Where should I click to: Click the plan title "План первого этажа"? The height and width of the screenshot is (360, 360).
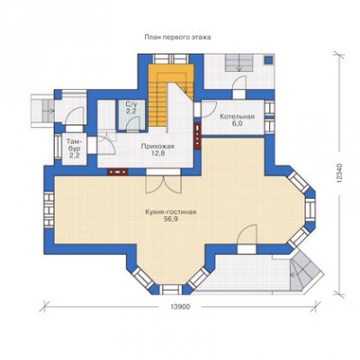point(177,37)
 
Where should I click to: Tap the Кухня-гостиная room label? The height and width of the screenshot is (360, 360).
point(171,212)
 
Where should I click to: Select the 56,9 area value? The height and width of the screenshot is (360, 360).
point(170,219)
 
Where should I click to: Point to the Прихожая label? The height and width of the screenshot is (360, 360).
point(157,147)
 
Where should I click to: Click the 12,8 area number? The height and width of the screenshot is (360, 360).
point(157,153)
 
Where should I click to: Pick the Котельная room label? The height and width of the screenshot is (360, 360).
point(237,117)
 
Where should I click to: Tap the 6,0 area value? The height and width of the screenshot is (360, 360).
point(237,123)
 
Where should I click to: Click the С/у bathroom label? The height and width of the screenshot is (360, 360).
point(131,104)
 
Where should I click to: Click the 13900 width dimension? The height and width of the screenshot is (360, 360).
point(180,307)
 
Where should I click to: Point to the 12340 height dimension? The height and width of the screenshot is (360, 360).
point(339,174)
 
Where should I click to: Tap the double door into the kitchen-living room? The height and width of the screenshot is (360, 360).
point(164,184)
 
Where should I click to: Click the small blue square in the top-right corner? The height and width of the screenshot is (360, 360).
point(268,59)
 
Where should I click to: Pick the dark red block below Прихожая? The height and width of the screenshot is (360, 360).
point(118,172)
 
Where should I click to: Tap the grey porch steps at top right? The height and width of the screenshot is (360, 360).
point(239,63)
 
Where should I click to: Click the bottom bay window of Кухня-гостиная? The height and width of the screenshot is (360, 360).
point(170,289)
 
